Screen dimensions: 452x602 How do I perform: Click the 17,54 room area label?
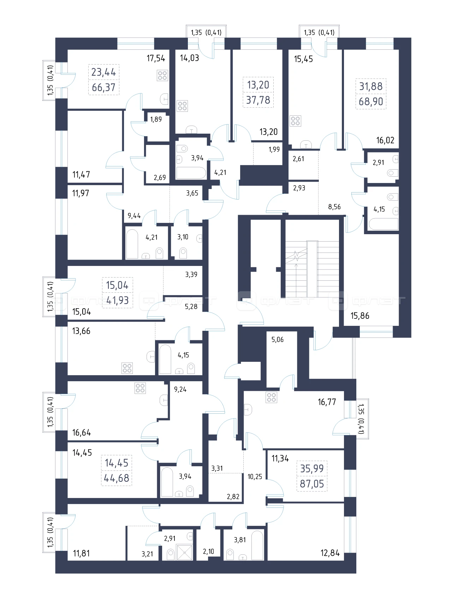pos(156,58)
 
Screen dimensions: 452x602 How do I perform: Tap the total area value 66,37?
pos(103,87)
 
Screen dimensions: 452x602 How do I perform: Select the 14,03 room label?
pos(190,58)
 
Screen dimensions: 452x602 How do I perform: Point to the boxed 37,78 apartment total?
pos(258,100)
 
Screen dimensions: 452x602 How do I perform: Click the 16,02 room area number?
pos(385,140)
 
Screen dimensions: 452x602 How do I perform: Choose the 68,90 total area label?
pos(371,102)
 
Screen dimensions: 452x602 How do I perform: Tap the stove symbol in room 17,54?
pos(162,75)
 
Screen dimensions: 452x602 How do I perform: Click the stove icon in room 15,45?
pos(295,121)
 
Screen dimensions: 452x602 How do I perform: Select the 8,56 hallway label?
pos(334,207)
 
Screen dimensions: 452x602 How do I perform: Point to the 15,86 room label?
pos(360,316)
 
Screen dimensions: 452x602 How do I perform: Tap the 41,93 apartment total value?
pos(117,300)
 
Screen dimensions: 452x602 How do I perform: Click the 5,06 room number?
pos(278,340)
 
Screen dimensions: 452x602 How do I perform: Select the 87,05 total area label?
pos(312,484)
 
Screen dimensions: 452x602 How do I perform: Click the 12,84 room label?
pos(330,553)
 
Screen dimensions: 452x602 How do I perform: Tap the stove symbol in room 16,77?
pos(272,397)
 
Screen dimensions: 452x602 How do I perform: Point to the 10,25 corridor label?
pos(255,477)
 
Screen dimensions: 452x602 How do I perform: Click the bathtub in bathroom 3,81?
pos(257,545)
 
